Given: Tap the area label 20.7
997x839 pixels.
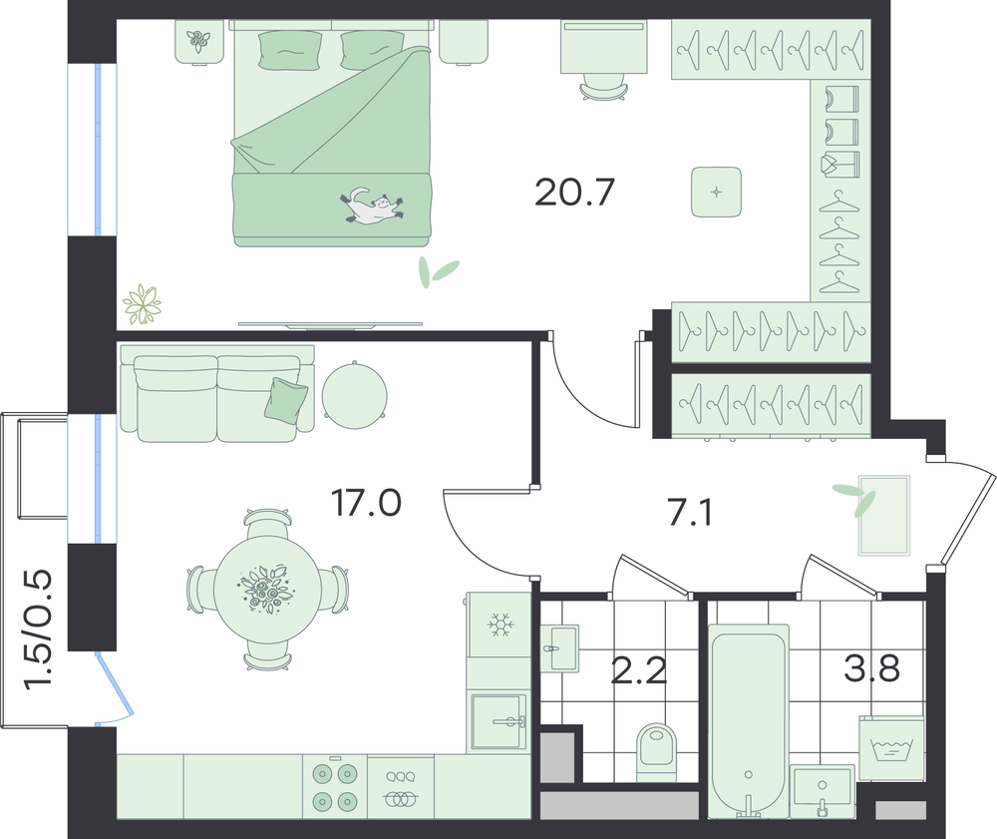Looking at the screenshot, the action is [x=575, y=193].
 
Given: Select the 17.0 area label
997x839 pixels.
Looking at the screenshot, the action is [x=366, y=503].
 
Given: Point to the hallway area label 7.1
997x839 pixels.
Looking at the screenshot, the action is [x=690, y=514].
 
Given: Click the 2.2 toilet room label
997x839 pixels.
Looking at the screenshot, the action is [x=639, y=671].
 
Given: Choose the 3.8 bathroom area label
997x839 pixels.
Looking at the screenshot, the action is [x=871, y=667].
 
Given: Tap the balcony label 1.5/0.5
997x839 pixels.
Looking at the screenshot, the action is [x=38, y=629].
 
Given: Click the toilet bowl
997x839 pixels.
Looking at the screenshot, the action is [x=657, y=752].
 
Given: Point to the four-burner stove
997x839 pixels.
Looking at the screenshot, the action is [x=335, y=787].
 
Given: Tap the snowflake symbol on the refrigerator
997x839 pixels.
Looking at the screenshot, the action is [x=500, y=625].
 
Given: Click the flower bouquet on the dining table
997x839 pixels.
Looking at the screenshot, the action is [x=266, y=590].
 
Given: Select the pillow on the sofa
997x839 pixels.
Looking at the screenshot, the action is [x=286, y=399].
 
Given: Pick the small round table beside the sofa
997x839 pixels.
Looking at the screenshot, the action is [x=354, y=395].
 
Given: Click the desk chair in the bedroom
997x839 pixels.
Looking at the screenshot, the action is [x=603, y=89].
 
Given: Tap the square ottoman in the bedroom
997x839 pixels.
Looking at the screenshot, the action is [x=717, y=192].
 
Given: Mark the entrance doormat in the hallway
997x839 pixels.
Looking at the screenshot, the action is [x=883, y=515].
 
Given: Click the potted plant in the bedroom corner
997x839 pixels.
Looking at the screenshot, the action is [x=143, y=304].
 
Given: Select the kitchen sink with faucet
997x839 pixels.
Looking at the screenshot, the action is [x=499, y=721].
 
